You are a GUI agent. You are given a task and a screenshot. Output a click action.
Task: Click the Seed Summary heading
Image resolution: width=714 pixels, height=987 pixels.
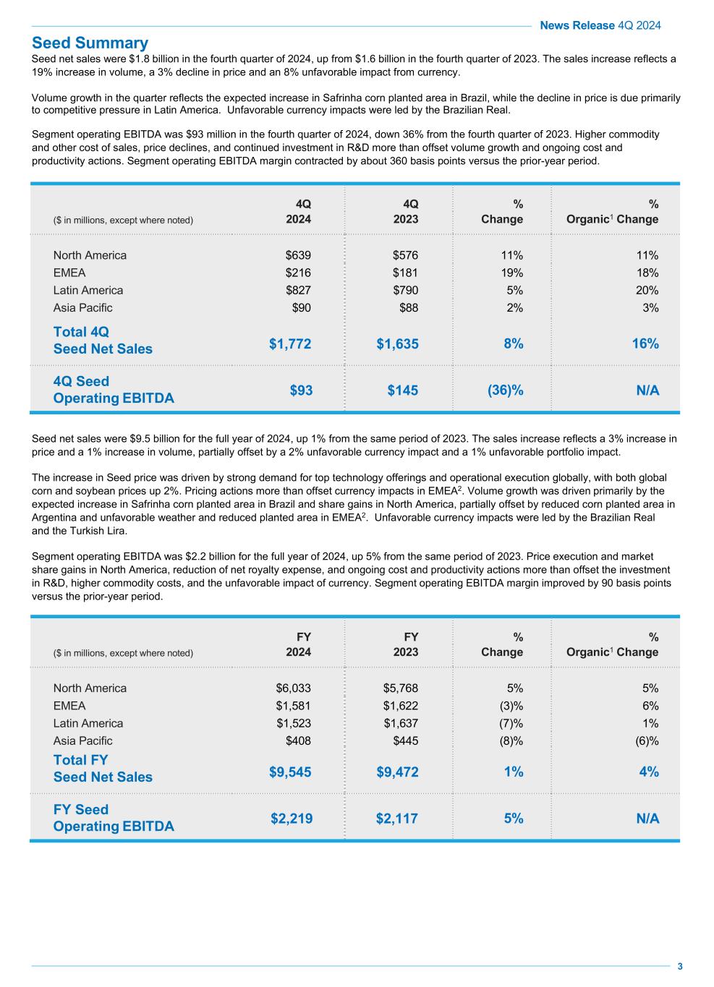click(x=90, y=43)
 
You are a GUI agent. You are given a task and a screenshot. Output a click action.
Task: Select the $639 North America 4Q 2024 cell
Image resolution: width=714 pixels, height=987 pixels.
click(x=298, y=255)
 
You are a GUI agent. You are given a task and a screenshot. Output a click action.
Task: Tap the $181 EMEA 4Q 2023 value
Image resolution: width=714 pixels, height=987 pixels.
click(x=405, y=273)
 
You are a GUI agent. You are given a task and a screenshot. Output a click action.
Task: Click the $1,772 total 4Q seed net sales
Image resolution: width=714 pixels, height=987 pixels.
click(x=290, y=343)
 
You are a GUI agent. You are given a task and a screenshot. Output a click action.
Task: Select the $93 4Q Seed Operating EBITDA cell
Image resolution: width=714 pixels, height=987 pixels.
click(x=301, y=390)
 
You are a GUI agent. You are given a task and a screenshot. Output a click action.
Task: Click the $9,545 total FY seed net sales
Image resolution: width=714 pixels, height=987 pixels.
click(x=290, y=772)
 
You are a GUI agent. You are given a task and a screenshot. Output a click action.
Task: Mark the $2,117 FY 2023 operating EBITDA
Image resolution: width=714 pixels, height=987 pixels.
click(x=397, y=819)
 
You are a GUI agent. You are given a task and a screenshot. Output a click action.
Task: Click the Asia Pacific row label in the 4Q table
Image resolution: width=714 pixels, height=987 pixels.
click(x=82, y=307)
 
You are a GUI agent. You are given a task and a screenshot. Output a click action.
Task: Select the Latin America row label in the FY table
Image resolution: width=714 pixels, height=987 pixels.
click(x=88, y=723)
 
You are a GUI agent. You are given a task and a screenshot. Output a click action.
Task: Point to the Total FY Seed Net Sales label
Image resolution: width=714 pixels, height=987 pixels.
click(x=103, y=769)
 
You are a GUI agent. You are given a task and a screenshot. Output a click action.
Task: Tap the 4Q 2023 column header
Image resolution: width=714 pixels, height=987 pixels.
click(x=405, y=211)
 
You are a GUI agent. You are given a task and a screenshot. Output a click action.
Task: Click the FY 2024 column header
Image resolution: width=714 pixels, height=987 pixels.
click(x=298, y=644)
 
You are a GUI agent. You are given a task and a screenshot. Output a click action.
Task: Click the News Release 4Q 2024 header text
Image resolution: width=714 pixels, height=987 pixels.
click(x=600, y=25)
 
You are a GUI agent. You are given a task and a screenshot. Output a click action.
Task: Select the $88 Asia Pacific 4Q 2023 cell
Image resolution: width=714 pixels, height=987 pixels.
click(x=408, y=307)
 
